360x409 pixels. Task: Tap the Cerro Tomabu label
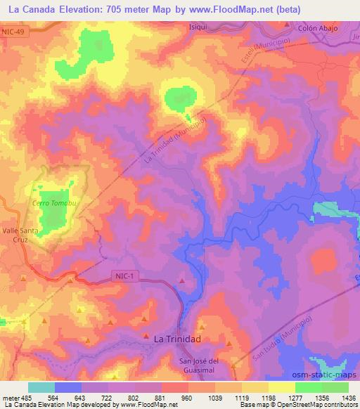pos(53,203)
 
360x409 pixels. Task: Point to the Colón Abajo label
pos(318,28)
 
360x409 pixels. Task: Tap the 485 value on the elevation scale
pos(22,398)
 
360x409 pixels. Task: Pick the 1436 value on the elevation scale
pos(349,398)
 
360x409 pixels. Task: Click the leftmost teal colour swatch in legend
pos(41,387)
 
